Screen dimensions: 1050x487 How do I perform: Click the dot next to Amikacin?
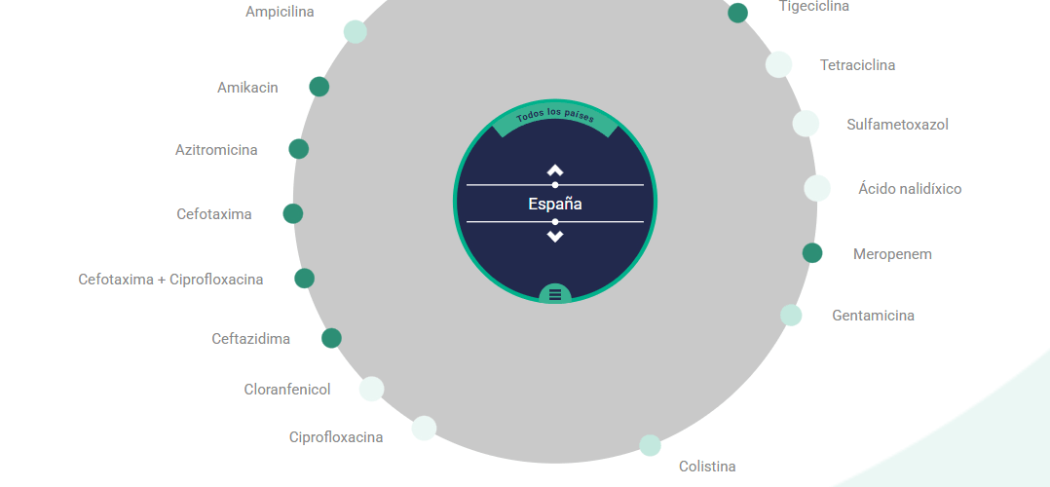[x=319, y=87]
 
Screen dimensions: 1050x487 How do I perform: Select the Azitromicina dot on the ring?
[x=299, y=149]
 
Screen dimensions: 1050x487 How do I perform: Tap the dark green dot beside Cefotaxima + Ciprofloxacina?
[x=305, y=278]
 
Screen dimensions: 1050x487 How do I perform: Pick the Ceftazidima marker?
[x=331, y=338]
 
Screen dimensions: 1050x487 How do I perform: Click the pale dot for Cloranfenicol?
[x=372, y=389]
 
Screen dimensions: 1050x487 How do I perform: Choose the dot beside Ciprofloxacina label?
[x=424, y=428]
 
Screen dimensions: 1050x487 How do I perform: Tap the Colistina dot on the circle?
[x=651, y=445]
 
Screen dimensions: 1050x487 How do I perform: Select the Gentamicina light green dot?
[x=791, y=315]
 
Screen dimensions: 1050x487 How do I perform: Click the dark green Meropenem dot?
[x=812, y=252]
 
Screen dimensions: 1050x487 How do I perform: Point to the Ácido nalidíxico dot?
[x=817, y=188]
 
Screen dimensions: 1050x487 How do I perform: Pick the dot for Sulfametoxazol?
[x=806, y=124]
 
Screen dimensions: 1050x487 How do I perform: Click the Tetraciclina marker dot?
[x=779, y=64]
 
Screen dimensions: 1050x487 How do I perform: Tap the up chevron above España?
[x=555, y=170]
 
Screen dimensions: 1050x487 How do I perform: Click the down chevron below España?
[x=555, y=236]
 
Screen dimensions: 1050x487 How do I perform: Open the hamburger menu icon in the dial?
[x=555, y=293]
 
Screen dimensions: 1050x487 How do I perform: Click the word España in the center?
[x=555, y=204]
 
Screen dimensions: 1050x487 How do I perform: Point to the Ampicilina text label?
[x=280, y=12]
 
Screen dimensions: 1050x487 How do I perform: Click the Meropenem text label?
[x=892, y=254]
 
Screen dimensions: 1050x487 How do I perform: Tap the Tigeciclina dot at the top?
[x=738, y=13]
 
